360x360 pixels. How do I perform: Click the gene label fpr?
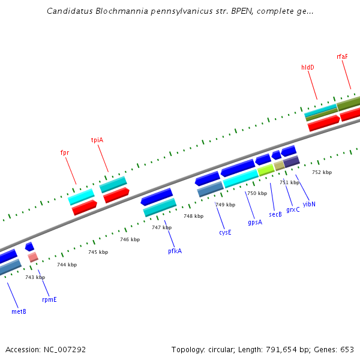pyautogui.click(x=65, y=152)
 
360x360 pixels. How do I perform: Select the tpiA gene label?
pyautogui.click(x=97, y=140)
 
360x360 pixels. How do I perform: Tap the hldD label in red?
pyautogui.click(x=308, y=67)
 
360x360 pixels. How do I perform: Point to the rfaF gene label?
pyautogui.click(x=342, y=56)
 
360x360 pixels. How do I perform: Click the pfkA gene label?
pyautogui.click(x=175, y=251)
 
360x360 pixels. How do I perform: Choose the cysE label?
pyautogui.click(x=225, y=232)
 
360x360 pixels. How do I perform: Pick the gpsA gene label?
pyautogui.click(x=255, y=222)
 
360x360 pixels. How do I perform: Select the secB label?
pyautogui.click(x=275, y=214)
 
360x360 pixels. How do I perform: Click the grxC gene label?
pyautogui.click(x=293, y=209)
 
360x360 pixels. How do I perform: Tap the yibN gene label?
pyautogui.click(x=309, y=204)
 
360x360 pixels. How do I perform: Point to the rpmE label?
pyautogui.click(x=49, y=299)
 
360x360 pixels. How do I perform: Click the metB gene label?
pyautogui.click(x=19, y=311)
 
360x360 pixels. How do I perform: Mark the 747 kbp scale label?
pyautogui.click(x=161, y=227)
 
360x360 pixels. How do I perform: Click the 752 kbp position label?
pyautogui.click(x=322, y=172)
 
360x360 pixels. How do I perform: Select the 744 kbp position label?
pyautogui.click(x=67, y=265)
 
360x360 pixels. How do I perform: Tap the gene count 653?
pyautogui.click(x=347, y=349)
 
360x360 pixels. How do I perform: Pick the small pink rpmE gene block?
pyautogui.click(x=33, y=257)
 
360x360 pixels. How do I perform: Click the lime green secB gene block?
pyautogui.click(x=266, y=170)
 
